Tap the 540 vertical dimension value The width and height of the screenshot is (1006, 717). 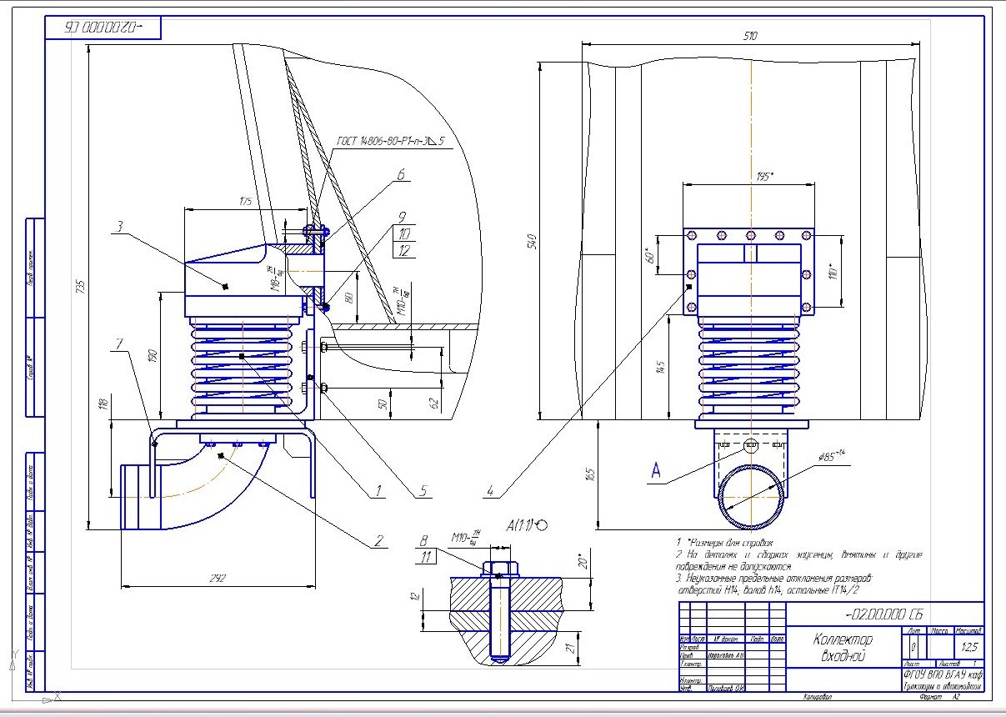531,241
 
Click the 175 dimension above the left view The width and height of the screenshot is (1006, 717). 246,202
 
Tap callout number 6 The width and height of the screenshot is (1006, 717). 401,175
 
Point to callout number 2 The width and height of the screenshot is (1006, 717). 379,539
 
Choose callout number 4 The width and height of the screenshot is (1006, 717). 491,491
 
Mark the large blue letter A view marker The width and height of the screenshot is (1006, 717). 657,472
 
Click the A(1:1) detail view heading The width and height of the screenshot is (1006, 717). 526,524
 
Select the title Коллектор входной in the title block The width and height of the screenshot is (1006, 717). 843,647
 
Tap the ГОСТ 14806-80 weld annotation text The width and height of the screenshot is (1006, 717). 390,142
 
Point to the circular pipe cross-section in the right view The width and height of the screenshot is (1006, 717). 751,498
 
